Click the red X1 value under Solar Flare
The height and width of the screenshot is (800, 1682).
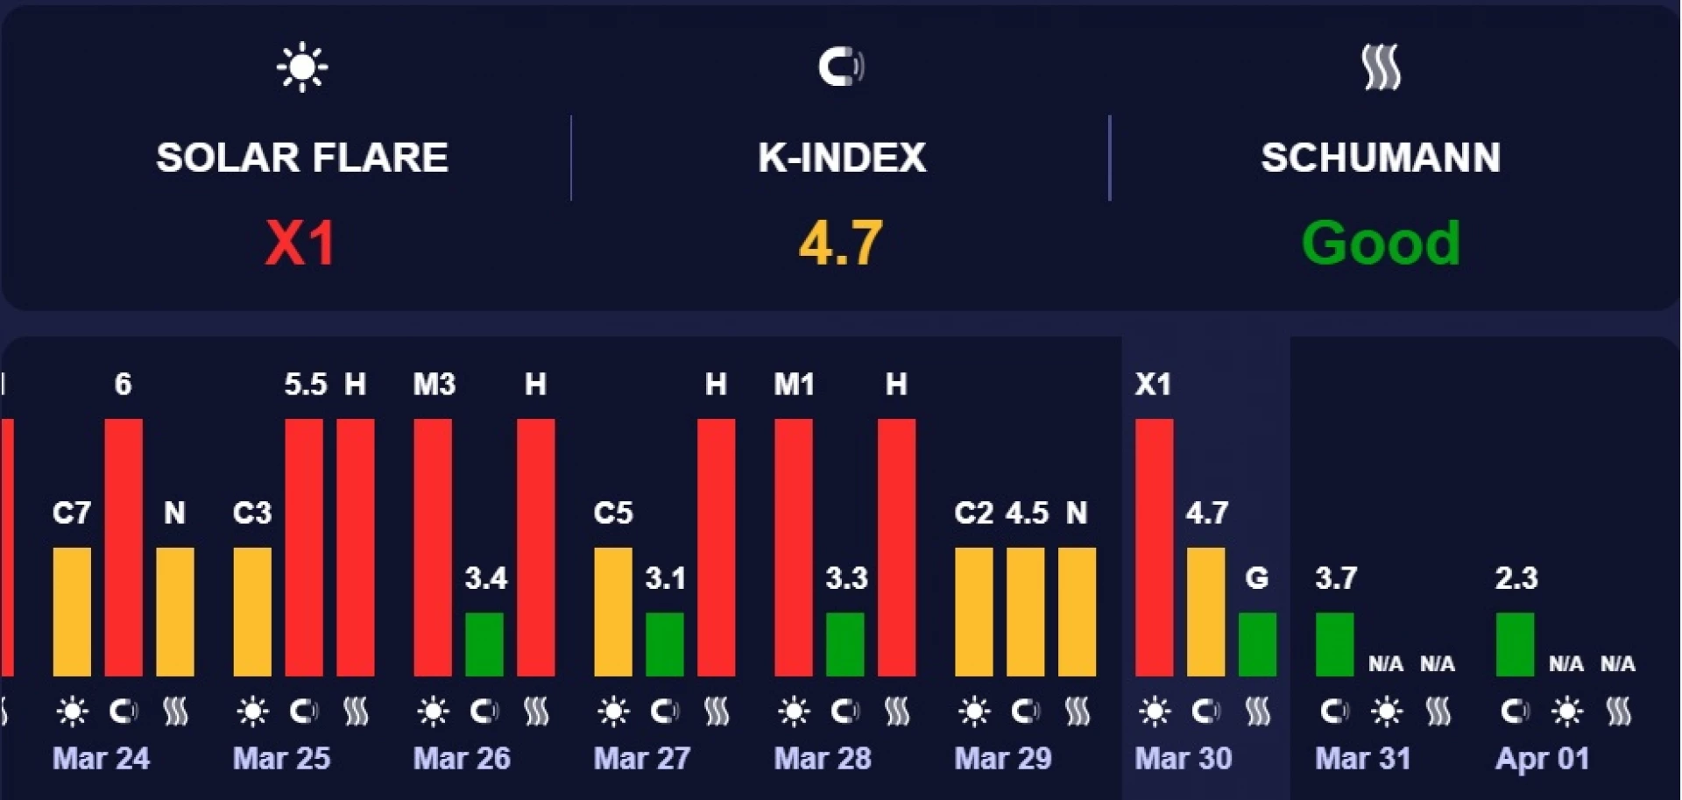coord(300,243)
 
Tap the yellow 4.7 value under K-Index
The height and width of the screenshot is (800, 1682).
coord(840,243)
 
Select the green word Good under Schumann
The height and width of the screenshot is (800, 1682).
coord(1381,243)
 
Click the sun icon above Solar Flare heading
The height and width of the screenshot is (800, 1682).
coord(302,67)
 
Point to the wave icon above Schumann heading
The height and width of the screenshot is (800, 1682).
coord(1382,67)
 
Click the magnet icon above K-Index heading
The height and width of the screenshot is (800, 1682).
coord(841,67)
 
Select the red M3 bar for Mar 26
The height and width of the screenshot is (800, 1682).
coord(433,547)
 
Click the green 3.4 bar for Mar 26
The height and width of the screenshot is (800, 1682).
coord(484,644)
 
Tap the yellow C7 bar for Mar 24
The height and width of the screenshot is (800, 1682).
coord(72,612)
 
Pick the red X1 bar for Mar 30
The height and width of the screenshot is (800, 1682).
coord(1154,547)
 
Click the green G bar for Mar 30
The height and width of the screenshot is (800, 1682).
coord(1257,644)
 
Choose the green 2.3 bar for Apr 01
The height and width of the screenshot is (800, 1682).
coord(1515,644)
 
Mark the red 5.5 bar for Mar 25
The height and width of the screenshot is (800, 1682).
coord(304,547)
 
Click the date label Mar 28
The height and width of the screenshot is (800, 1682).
coord(823,758)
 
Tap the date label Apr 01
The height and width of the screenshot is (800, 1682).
coord(1543,758)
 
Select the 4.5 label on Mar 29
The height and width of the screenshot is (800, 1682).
coord(1027,513)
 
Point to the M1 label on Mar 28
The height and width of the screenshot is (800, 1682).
coord(794,384)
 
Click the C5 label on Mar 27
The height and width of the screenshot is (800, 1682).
coord(612,513)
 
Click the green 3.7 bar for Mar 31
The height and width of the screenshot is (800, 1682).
coord(1334,644)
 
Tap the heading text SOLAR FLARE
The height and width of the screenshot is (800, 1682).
coord(302,158)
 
